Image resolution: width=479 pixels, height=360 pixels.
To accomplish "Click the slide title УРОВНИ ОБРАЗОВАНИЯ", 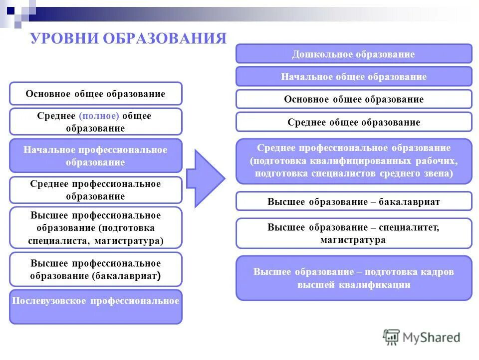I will click(128, 38).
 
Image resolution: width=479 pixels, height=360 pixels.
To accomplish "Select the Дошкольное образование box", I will click(353, 54).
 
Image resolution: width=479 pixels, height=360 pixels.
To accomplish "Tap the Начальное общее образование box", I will click(353, 76).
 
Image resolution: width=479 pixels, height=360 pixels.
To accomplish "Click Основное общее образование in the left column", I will click(95, 93).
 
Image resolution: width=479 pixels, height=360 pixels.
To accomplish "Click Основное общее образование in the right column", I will click(353, 99).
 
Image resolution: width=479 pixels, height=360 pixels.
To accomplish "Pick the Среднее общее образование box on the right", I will click(353, 122).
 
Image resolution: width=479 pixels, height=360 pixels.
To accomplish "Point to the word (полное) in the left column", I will click(99, 115).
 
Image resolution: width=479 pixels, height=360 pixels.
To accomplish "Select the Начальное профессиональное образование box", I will click(95, 155).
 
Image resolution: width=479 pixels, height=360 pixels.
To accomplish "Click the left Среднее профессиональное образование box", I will click(95, 190).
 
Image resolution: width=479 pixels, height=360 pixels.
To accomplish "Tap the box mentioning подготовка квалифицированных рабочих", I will click(353, 161).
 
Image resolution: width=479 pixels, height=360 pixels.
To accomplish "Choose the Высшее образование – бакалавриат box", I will click(353, 201).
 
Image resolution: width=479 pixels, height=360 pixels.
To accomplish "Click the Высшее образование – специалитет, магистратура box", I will click(353, 233).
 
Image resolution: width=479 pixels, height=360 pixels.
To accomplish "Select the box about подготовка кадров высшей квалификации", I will click(353, 278).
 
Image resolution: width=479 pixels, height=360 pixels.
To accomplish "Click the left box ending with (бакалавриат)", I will click(95, 269).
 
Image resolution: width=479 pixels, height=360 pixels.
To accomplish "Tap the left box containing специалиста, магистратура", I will click(95, 228).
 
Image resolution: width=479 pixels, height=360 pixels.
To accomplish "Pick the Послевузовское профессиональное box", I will click(95, 306).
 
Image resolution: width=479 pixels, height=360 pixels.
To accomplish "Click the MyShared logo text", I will click(431, 337).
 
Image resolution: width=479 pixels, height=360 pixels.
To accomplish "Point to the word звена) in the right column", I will click(438, 173).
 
